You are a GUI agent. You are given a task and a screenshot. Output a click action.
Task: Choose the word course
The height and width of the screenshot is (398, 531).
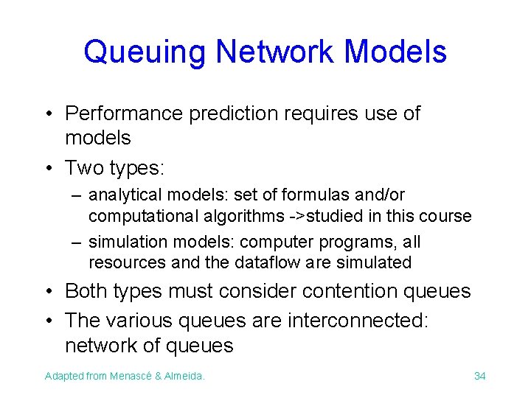tap(448, 216)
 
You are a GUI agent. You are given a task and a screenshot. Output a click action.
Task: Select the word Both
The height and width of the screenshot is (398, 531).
tap(86, 291)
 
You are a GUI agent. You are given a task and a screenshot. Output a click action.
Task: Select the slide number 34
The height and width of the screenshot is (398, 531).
tap(479, 376)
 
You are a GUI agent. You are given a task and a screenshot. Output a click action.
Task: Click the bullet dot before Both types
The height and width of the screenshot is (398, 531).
tap(48, 292)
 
